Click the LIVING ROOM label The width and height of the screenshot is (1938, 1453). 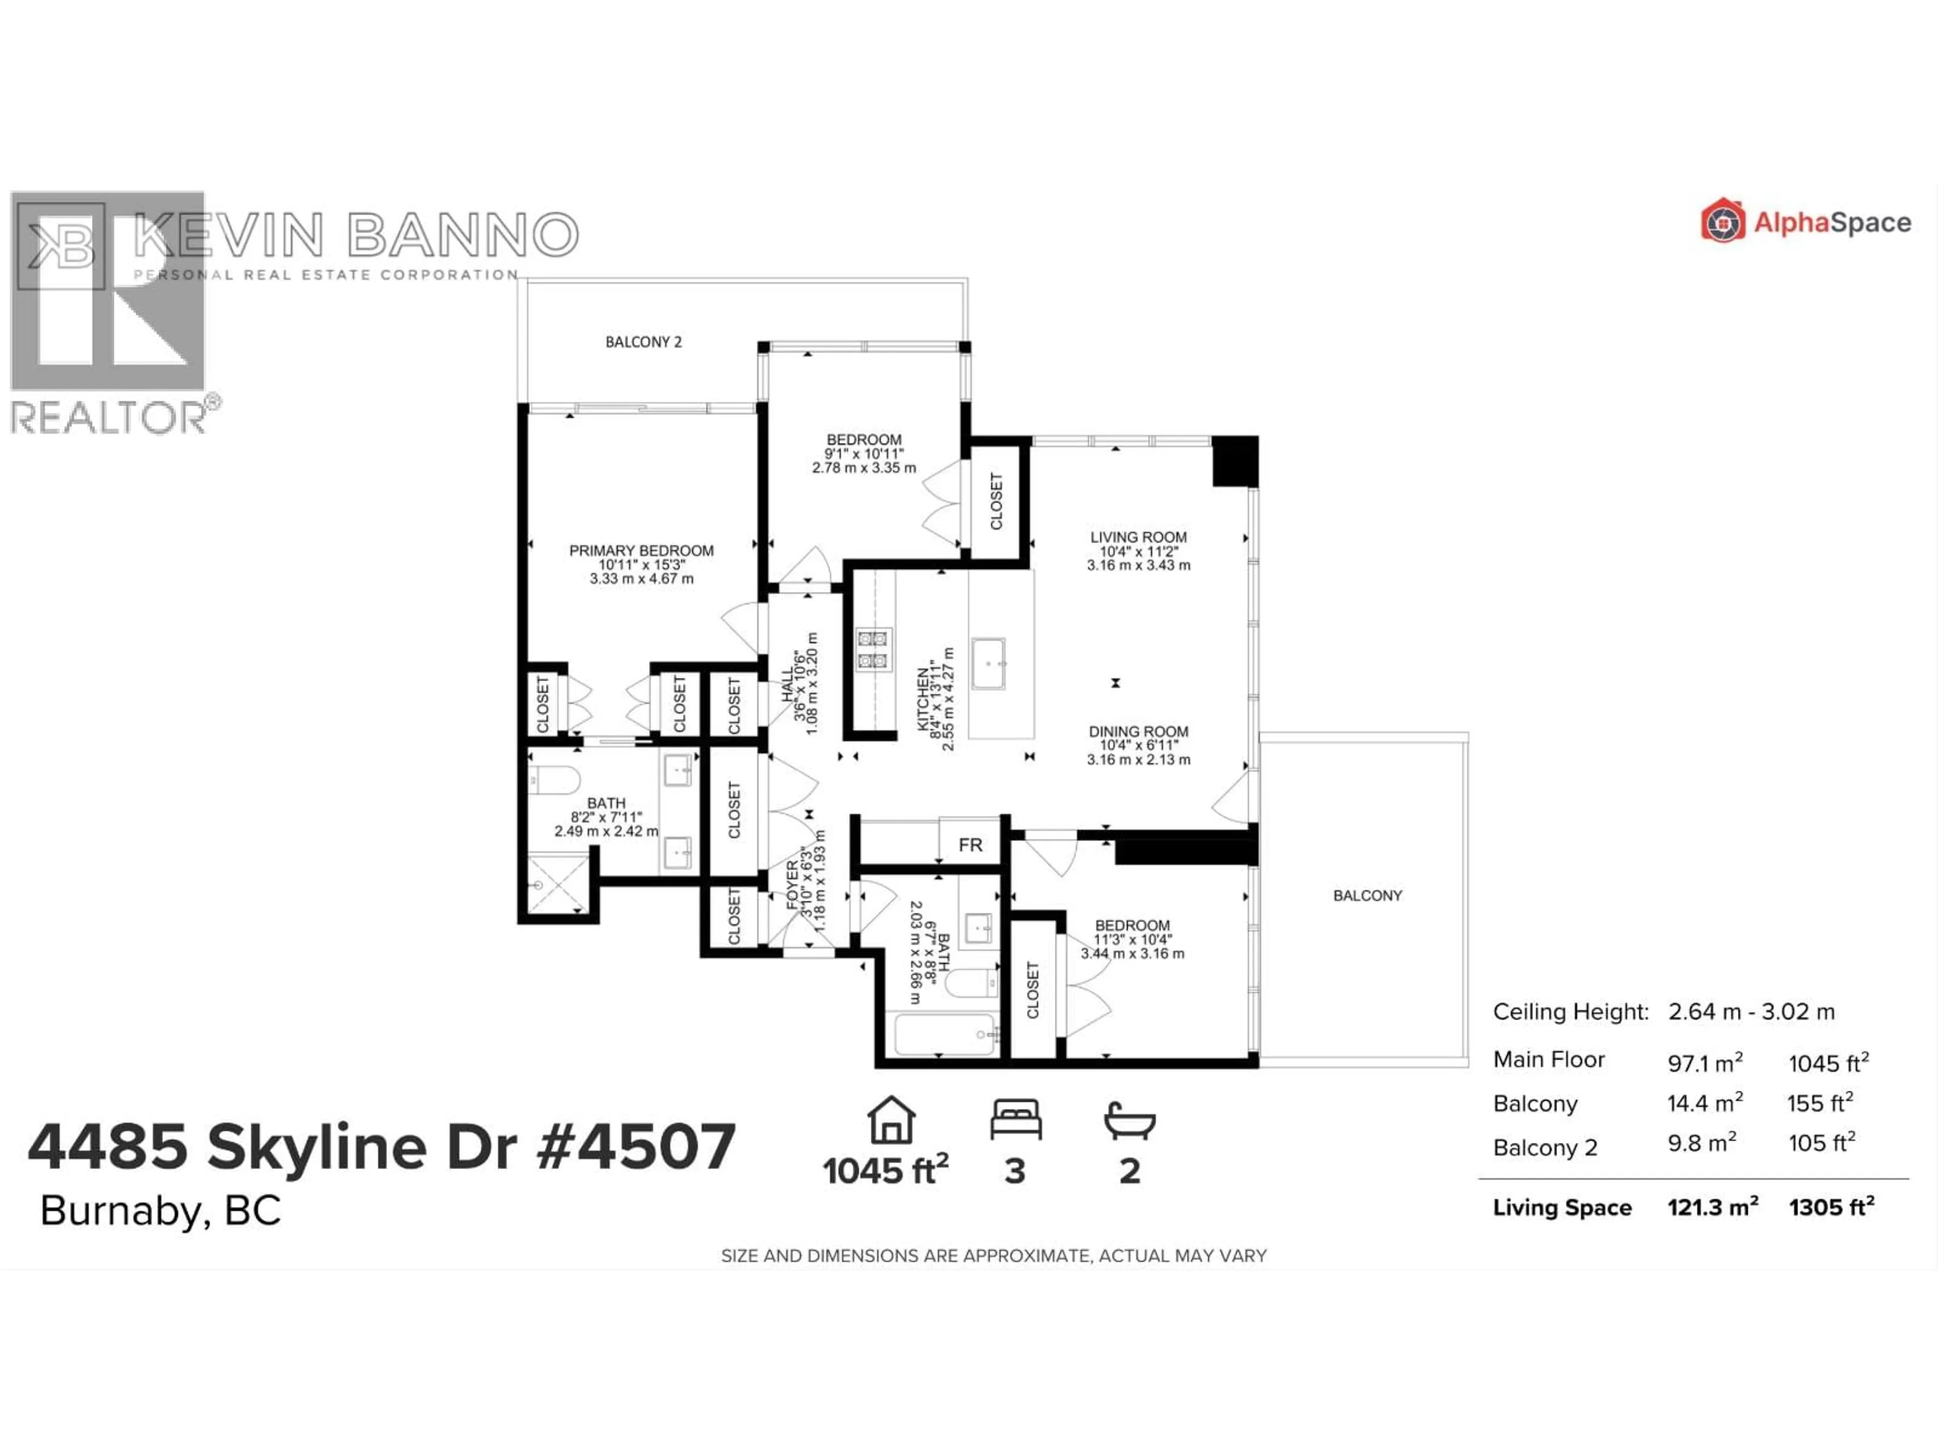(x=1138, y=537)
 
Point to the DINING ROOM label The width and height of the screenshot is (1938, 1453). (x=1138, y=732)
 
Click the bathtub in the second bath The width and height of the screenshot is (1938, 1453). (x=944, y=1035)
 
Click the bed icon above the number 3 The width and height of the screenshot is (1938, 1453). (x=1015, y=1120)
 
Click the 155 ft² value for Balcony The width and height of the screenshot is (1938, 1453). (x=1820, y=1103)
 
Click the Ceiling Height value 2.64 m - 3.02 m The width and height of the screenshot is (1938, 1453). (x=1750, y=1012)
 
